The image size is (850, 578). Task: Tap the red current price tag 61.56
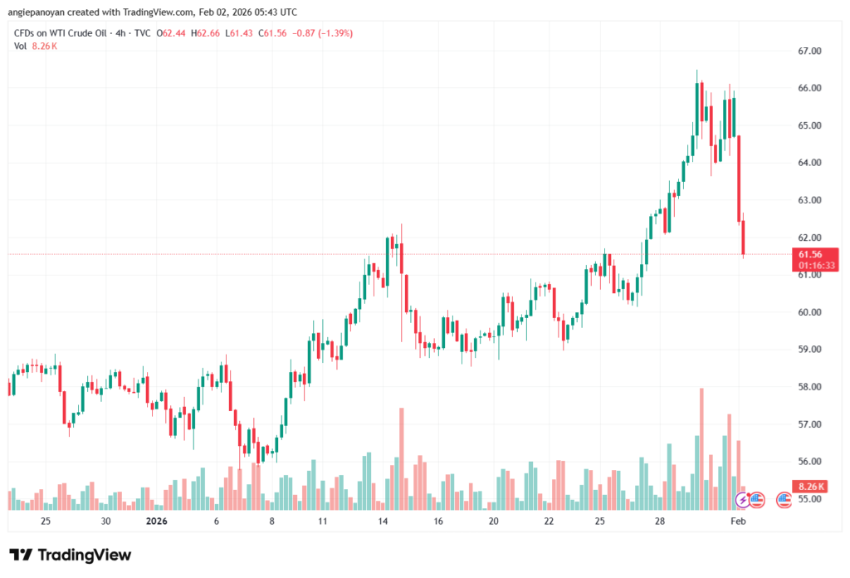pyautogui.click(x=810, y=254)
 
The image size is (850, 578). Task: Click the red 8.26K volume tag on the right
pyautogui.click(x=810, y=487)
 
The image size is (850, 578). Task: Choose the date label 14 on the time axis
pyautogui.click(x=383, y=522)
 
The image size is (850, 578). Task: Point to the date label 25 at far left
pyautogui.click(x=46, y=522)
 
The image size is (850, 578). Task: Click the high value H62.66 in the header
pyautogui.click(x=206, y=33)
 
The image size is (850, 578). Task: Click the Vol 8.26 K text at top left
pyautogui.click(x=36, y=47)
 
